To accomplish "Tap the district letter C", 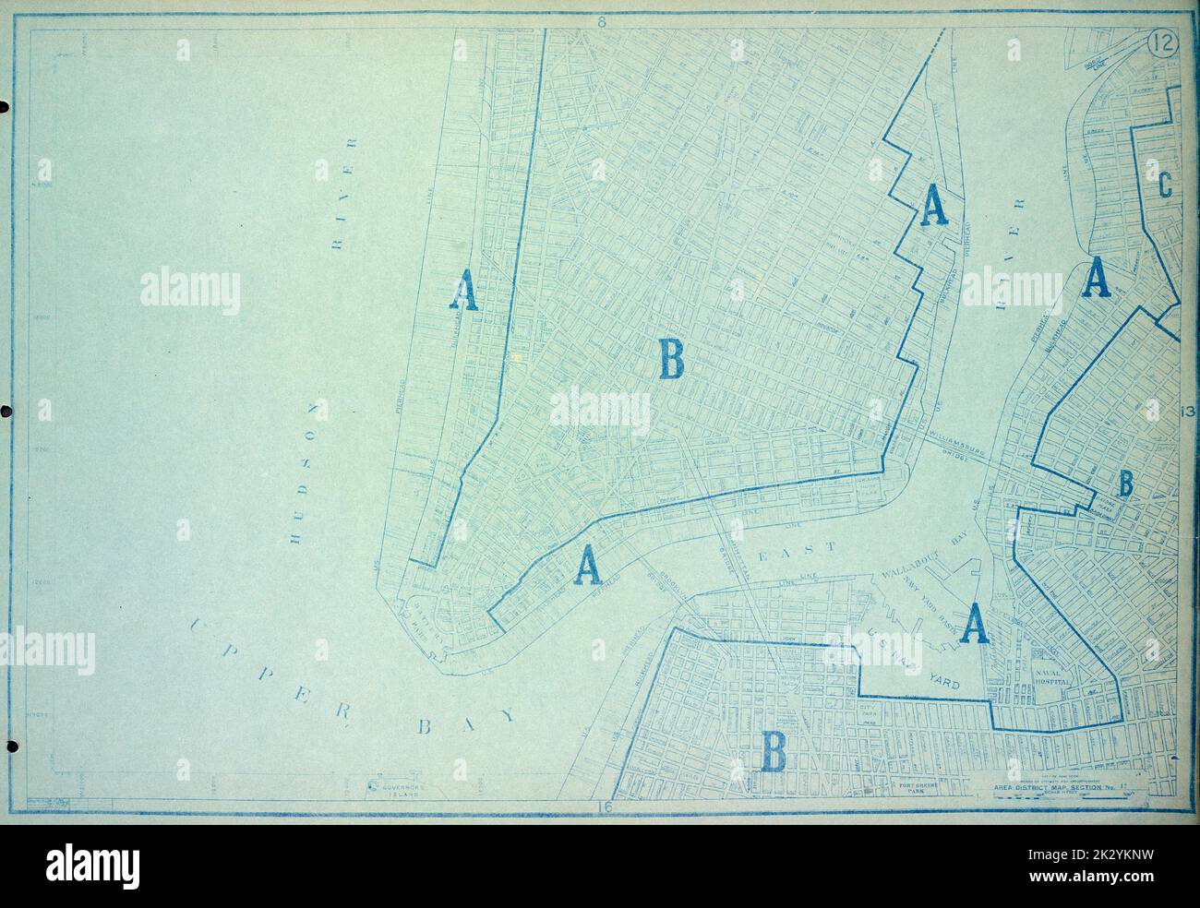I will [x=1164, y=185].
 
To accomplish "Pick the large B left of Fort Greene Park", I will [x=773, y=750].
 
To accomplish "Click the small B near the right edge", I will [x=1125, y=482].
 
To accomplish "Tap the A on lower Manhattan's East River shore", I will [x=587, y=565].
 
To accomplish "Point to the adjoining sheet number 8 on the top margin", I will [x=600, y=23].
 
